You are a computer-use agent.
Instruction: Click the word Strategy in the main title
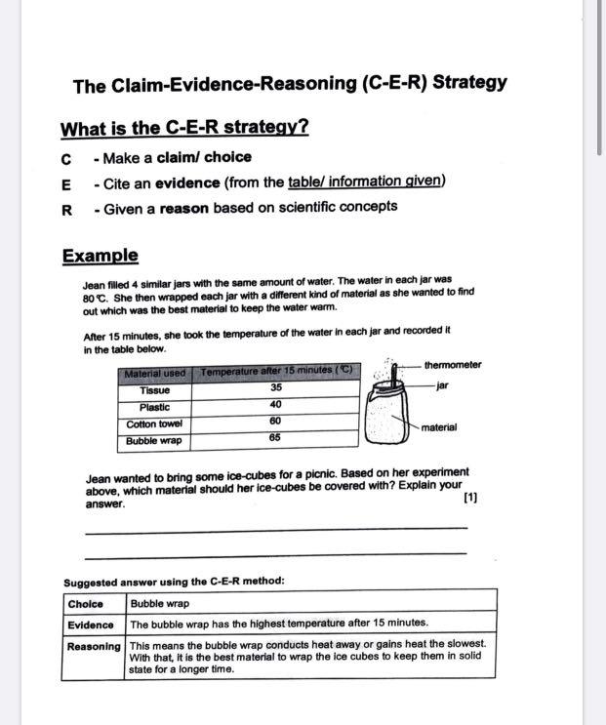point(469,82)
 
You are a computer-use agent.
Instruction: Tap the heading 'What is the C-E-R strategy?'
point(184,129)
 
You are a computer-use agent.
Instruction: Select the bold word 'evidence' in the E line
point(192,181)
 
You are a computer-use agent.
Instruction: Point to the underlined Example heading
point(101,256)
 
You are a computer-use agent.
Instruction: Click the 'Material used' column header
point(155,374)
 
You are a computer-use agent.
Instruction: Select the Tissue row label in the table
point(154,390)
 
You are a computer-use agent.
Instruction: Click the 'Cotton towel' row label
point(154,424)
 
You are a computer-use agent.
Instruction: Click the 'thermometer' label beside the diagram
point(453,365)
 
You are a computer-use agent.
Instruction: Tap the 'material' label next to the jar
point(439,427)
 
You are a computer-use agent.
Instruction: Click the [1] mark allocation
point(470,498)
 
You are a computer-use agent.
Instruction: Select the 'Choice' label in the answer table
point(86,604)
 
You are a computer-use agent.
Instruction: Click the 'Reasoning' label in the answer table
point(94,646)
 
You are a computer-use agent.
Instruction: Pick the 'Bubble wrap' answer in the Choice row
point(160,604)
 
